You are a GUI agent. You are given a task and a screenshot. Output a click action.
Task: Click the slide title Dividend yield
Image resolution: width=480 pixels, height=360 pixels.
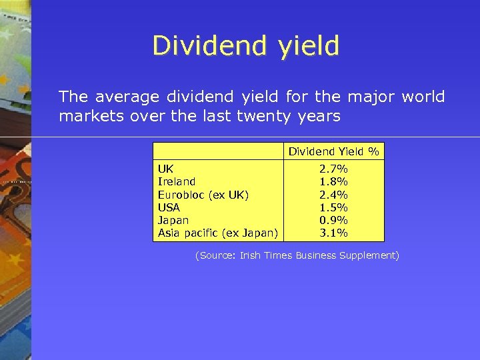click(x=245, y=45)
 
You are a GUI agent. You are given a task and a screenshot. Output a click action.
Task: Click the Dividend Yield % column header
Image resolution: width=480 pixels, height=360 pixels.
click(x=333, y=151)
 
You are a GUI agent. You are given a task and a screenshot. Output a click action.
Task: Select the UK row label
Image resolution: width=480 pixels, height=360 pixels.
click(x=165, y=169)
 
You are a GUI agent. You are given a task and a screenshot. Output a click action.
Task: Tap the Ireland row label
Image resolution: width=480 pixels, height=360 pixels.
click(x=177, y=182)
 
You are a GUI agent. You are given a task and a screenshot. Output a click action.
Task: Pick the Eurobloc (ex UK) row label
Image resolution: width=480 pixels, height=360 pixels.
click(x=203, y=195)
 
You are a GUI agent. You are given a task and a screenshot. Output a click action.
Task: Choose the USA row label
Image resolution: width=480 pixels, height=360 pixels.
click(x=169, y=207)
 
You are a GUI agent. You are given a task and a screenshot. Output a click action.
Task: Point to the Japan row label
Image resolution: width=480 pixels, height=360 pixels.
click(x=173, y=220)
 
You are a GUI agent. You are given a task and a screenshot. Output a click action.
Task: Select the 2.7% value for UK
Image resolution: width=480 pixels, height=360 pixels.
click(x=333, y=169)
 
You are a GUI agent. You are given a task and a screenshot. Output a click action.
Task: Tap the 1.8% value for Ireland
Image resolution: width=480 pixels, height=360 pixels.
click(x=333, y=182)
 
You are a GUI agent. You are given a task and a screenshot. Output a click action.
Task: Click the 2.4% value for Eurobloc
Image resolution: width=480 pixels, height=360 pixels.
click(x=333, y=195)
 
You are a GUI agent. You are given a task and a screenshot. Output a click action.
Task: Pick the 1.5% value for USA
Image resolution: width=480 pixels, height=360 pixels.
click(x=333, y=207)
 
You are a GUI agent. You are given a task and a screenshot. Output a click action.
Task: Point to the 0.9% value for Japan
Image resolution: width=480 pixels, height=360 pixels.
click(x=333, y=220)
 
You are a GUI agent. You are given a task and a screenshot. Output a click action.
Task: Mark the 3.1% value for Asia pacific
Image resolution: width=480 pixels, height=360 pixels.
click(x=333, y=233)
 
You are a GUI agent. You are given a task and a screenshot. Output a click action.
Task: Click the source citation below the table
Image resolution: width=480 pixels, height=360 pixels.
click(x=297, y=255)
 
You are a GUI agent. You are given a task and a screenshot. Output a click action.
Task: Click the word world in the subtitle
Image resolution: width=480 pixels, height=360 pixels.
click(x=423, y=97)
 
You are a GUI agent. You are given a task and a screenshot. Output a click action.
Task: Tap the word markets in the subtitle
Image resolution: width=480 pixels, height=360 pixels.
click(x=85, y=116)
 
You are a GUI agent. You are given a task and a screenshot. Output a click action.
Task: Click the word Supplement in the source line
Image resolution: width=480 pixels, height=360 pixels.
click(x=369, y=256)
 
